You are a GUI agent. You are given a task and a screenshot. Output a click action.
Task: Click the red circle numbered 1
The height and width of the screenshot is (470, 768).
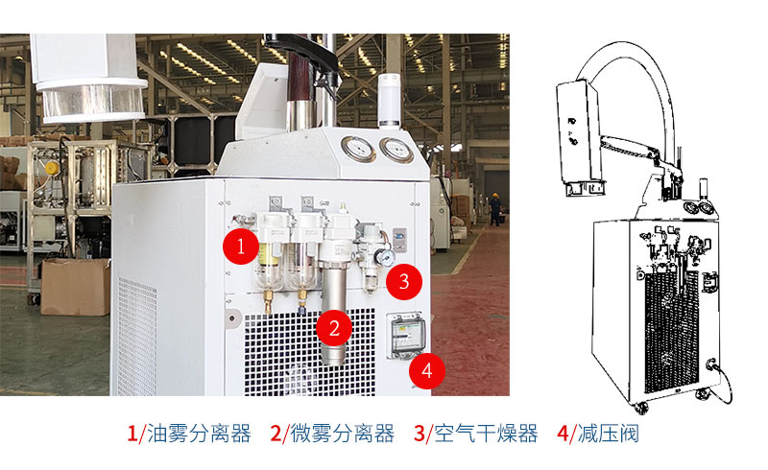[241, 246]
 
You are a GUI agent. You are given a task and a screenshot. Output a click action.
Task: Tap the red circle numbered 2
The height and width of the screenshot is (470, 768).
[334, 327]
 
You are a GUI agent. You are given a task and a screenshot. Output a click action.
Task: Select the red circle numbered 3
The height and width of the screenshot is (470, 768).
[404, 281]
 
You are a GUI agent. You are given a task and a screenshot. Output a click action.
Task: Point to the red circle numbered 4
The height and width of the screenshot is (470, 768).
[426, 370]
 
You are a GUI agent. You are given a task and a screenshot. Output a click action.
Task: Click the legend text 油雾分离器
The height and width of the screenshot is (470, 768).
[199, 434]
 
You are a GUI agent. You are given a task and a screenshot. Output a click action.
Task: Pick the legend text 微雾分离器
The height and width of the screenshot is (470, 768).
[343, 434]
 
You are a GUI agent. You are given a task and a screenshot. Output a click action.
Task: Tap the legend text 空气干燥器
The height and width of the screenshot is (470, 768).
[486, 434]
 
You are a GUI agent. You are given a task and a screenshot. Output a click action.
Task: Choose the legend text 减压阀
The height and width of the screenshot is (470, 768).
[609, 434]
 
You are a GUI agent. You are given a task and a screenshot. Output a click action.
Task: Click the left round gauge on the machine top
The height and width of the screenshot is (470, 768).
[358, 149]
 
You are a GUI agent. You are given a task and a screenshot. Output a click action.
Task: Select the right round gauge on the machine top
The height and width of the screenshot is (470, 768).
[396, 150]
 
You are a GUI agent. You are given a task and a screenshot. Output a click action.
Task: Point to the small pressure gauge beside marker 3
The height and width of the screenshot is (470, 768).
[386, 257]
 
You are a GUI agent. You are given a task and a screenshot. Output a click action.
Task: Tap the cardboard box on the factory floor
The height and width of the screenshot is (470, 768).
[76, 287]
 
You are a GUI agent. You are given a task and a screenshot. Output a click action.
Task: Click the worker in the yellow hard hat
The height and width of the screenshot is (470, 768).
[494, 209]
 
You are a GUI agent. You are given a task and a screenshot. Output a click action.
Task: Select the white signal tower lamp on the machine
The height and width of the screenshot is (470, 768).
[390, 101]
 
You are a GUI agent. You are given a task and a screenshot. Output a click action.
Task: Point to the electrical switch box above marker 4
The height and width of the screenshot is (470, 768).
[406, 336]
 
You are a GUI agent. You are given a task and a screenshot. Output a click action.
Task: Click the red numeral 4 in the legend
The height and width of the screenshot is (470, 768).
[564, 434]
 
